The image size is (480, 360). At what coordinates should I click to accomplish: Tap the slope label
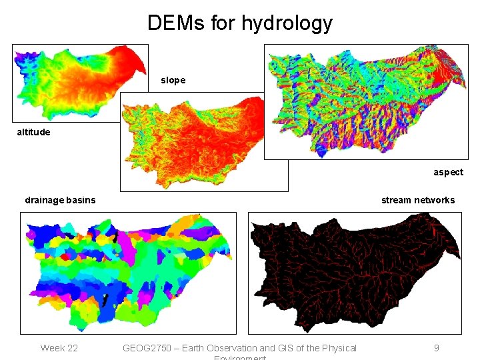click(x=173, y=80)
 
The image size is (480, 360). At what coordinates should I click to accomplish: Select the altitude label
click(x=33, y=132)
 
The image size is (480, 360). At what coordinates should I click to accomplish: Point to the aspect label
click(x=448, y=172)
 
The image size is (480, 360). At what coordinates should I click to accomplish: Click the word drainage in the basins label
click(x=44, y=200)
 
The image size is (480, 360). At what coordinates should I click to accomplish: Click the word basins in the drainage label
click(x=80, y=200)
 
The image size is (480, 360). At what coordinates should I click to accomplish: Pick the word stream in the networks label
click(x=396, y=200)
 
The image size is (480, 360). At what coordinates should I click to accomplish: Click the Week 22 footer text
click(x=59, y=348)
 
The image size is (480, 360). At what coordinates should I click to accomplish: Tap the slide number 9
click(x=436, y=348)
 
